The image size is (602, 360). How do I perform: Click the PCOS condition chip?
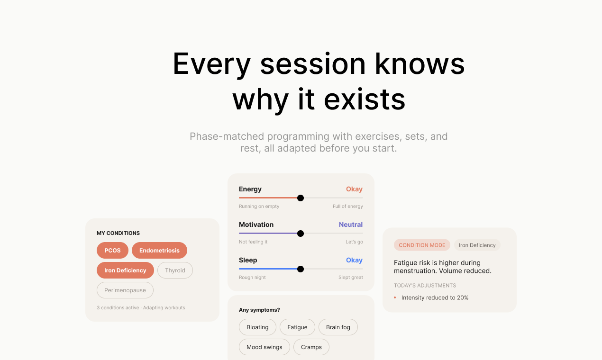pos(112,251)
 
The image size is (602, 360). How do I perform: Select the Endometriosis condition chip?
pos(159,251)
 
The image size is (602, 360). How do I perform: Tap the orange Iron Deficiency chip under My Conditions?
pos(125,270)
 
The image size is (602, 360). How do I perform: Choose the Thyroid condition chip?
pos(175,270)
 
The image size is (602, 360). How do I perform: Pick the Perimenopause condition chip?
pos(125,290)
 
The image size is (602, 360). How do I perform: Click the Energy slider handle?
pos(301,198)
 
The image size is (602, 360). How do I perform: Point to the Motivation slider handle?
pos(301,234)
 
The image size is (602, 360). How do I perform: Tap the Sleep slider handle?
pos(301,269)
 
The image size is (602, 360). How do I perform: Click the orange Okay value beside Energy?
pos(354,189)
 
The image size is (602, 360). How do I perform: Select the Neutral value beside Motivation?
pos(351,225)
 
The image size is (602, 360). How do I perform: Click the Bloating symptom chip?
pos(257,327)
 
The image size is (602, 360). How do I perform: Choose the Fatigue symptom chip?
pos(297,327)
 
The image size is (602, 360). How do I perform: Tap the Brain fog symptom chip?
pos(338,327)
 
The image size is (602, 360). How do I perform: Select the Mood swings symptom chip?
pos(265,347)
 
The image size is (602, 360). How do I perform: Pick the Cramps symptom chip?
pos(311,347)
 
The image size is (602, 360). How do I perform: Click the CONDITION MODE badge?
pos(422,245)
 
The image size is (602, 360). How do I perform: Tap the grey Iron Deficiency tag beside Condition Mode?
pos(477,245)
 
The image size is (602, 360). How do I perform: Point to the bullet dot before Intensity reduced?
pos(395,297)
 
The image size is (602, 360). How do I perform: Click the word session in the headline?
pos(313,64)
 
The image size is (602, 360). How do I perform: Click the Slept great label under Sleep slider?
pos(351,277)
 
